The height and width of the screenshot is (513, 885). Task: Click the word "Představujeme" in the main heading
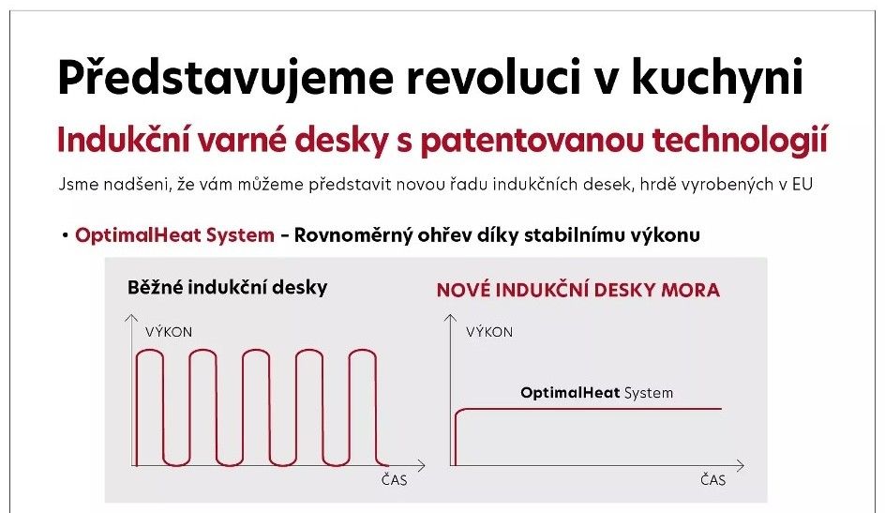[225, 77]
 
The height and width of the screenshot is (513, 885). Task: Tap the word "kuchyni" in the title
[717, 77]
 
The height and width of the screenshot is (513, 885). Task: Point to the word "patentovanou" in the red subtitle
[532, 141]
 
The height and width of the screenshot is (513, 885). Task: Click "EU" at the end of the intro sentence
[802, 185]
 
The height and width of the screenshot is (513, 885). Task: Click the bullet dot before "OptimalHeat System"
[66, 234]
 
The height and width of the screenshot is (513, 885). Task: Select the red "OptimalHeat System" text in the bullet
[175, 234]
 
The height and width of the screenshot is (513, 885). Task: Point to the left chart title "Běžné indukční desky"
[228, 287]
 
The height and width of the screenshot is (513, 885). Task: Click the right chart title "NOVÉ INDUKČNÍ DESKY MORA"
[578, 290]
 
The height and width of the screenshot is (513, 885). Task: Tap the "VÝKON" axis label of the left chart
[169, 332]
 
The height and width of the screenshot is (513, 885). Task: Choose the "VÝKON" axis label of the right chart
[489, 332]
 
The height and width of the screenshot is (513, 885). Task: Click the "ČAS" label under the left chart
[394, 480]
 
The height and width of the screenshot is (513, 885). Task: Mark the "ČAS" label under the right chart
[712, 480]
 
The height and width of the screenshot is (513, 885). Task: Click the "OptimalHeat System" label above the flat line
[596, 393]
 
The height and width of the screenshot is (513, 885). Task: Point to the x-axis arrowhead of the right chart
[741, 465]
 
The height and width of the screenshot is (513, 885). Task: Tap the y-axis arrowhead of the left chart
[131, 318]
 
